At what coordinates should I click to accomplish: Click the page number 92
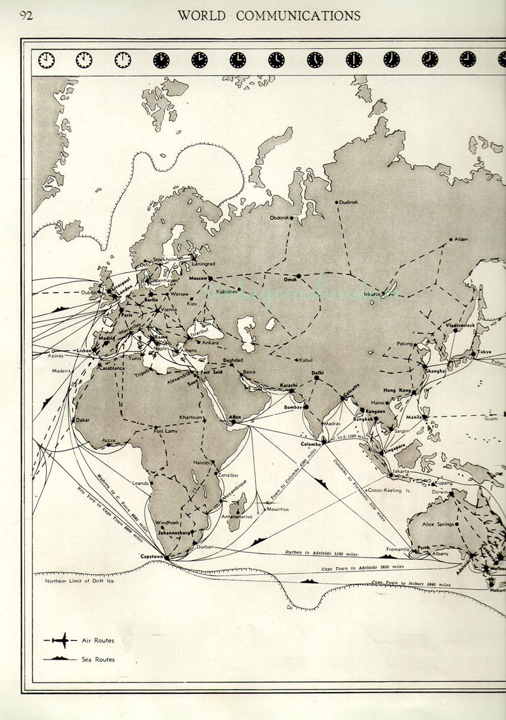click(26, 16)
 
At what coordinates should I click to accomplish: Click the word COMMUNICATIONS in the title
click(298, 16)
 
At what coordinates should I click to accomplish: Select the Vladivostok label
click(461, 325)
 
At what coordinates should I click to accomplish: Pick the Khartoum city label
click(191, 417)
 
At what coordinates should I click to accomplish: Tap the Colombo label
click(311, 444)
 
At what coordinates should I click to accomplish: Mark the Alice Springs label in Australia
click(438, 524)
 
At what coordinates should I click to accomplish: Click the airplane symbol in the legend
click(61, 640)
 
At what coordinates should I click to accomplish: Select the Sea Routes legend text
click(98, 659)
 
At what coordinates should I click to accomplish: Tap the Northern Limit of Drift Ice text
click(79, 581)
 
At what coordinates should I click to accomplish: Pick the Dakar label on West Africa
click(83, 420)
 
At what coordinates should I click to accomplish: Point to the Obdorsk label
click(280, 218)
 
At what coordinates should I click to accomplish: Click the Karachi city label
click(289, 385)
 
